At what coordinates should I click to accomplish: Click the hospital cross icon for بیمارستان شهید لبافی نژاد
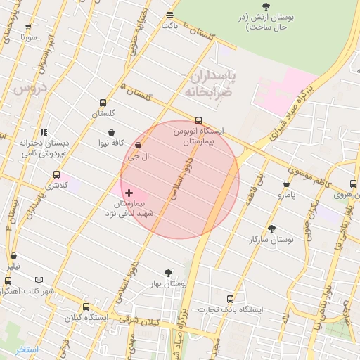(129, 192)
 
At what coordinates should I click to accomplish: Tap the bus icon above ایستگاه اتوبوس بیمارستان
(198, 120)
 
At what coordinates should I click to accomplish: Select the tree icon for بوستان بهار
(168, 273)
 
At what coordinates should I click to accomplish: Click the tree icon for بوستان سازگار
(271, 229)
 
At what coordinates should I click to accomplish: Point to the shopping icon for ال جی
(138, 146)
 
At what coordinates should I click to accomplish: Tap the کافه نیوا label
(112, 143)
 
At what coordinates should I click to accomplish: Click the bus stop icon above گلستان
(103, 103)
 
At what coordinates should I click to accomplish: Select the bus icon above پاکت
(169, 15)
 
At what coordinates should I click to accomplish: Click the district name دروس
(29, 89)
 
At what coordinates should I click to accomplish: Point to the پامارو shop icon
(286, 184)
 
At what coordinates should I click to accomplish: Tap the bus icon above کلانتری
(56, 174)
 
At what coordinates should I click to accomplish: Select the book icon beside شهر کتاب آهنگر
(39, 280)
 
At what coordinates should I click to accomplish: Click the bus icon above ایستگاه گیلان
(86, 307)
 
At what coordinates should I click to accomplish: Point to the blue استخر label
(27, 349)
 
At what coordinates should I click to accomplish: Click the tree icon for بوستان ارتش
(265, 6)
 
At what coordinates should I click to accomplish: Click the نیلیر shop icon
(14, 257)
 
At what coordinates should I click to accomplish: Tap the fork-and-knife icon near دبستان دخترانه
(44, 131)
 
